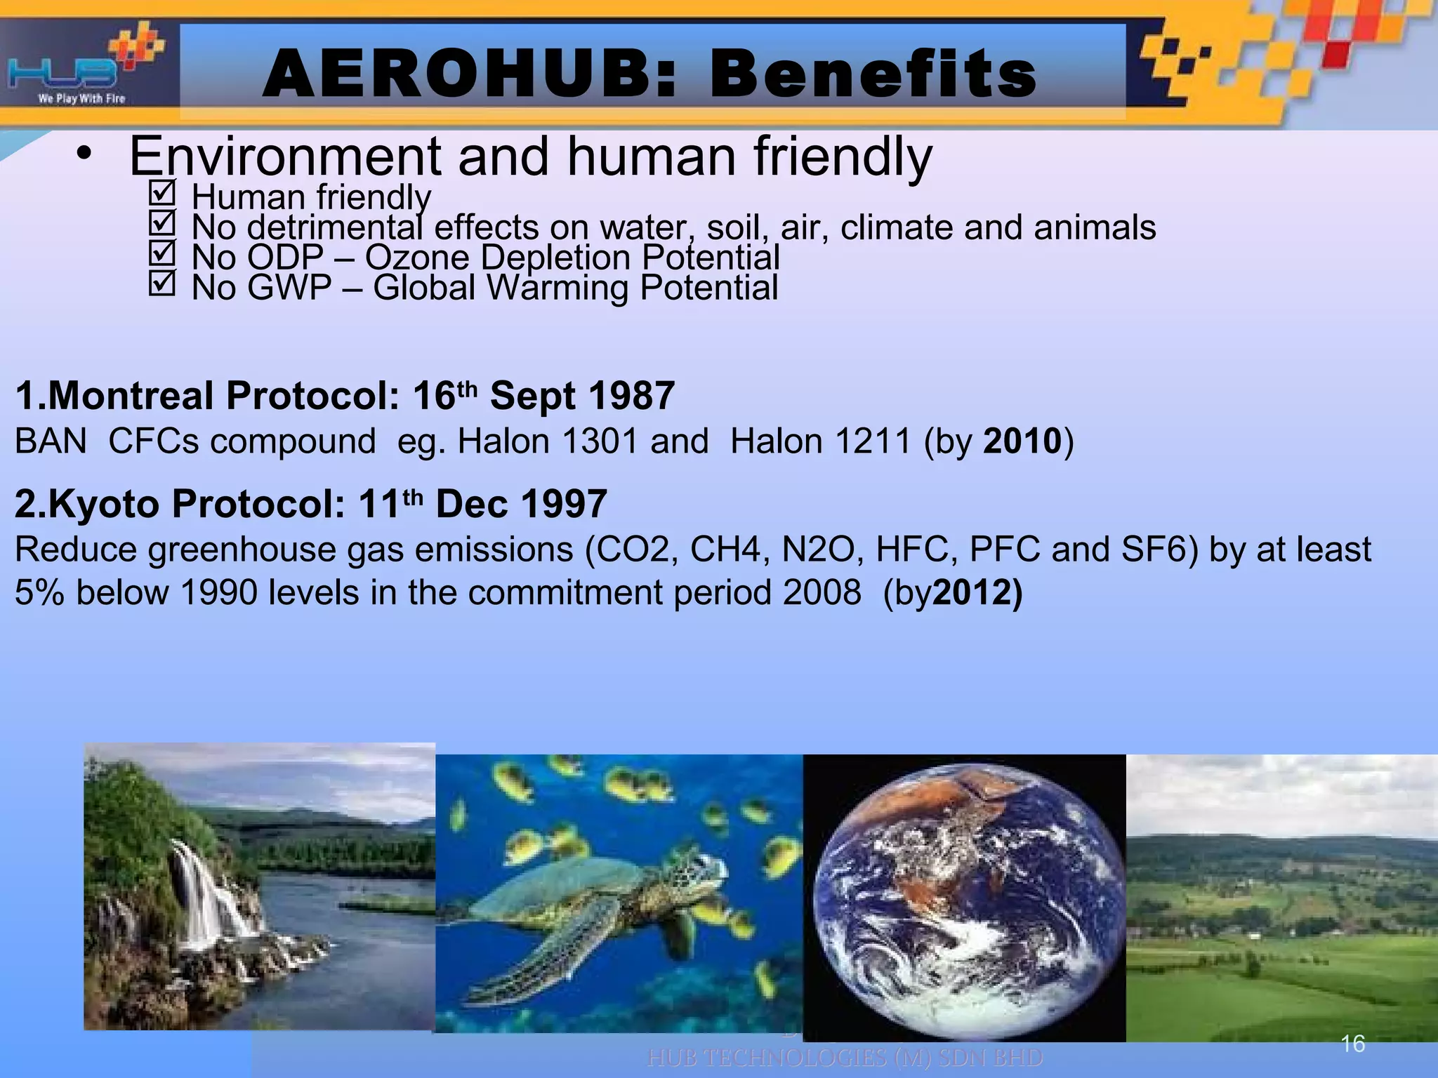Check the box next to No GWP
(162, 284)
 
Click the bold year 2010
(1022, 441)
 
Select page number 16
(1352, 1044)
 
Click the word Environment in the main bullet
(284, 157)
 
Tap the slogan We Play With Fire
(81, 99)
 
